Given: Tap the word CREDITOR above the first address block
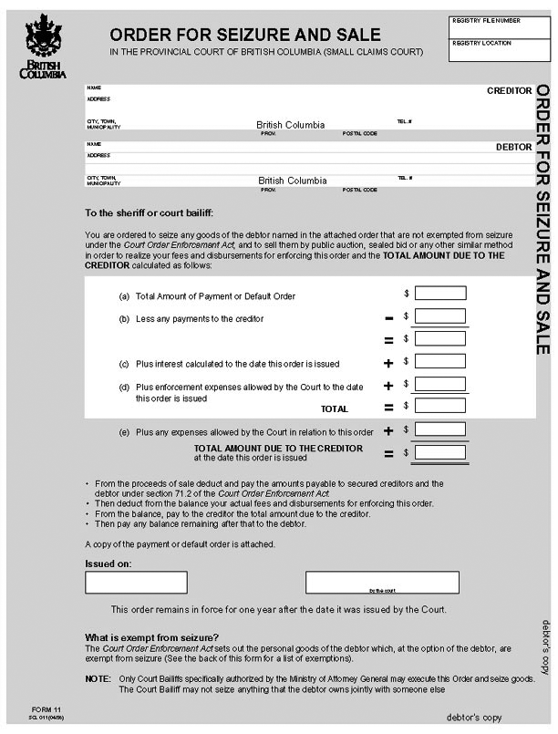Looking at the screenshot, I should point(509,91).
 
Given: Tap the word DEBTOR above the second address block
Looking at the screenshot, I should point(513,146).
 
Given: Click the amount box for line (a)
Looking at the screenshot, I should point(440,294).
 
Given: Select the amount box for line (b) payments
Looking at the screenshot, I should point(440,316).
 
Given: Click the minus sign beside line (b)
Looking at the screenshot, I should point(388,317).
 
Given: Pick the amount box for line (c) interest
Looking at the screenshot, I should point(440,361).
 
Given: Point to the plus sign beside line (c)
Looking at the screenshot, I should point(388,363).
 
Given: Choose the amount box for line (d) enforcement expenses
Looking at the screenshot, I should point(440,384).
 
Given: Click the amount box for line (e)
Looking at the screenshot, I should point(440,429).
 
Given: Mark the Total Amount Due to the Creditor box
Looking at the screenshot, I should point(440,451).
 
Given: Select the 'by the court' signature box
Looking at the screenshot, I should point(375,582).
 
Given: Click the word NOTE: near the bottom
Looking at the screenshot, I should point(98,679).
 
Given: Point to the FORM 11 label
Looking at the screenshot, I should point(45,708).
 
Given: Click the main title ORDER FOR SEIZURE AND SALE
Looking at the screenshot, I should point(245,35).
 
